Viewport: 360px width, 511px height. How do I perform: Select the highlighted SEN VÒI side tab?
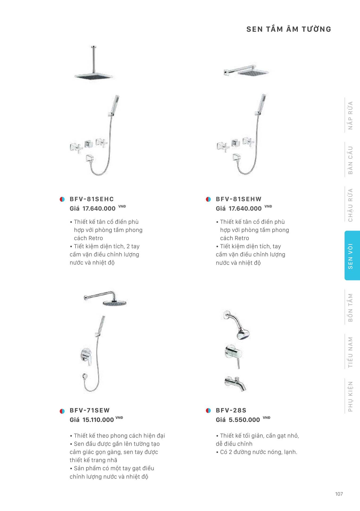352,256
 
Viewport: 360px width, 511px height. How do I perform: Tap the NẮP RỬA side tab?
350,116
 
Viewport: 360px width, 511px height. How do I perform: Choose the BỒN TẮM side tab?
350,307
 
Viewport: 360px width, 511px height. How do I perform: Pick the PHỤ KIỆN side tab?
350,396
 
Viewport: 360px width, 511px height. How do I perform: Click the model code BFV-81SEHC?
92,199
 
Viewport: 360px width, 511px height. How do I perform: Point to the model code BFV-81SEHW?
239,199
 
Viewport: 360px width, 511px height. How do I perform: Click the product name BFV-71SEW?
90,410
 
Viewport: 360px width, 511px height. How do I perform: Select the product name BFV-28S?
231,410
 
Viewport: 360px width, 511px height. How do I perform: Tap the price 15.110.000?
98,420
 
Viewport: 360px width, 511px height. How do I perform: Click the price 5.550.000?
244,420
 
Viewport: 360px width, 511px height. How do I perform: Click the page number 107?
339,494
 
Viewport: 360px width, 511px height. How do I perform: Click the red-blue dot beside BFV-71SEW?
62,411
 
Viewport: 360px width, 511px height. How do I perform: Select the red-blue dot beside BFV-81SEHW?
208,199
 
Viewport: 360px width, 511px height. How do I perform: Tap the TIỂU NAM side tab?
350,352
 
